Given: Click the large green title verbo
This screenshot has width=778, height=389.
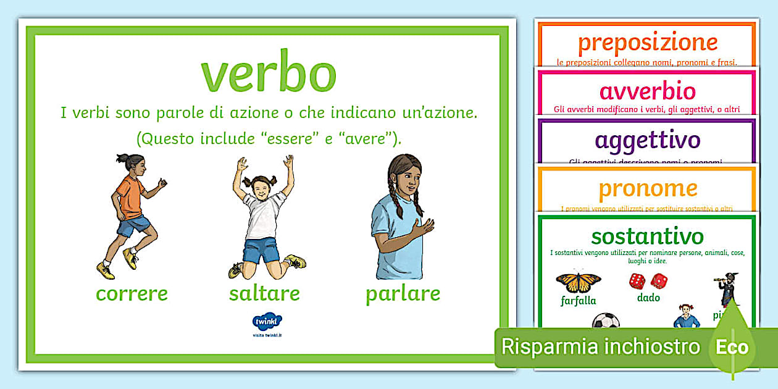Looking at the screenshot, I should coord(268,73).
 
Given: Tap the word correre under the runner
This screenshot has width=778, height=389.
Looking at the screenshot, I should coord(132,293).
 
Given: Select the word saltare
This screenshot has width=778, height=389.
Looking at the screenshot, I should coord(264,293).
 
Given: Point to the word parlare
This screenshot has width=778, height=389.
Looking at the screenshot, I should coord(403,293).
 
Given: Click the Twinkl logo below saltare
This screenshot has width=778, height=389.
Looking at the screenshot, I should coord(267,322).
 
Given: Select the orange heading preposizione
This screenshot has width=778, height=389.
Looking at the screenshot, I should coord(648,43).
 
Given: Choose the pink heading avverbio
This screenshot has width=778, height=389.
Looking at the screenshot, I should coord(647,91).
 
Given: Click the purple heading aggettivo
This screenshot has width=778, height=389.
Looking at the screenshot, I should coord(647,140).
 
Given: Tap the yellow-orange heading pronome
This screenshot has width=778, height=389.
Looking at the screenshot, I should coord(648,188).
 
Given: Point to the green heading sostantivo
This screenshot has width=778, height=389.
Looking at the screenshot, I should coord(647,236).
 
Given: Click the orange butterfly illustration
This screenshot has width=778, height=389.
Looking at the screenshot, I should coord(579,281).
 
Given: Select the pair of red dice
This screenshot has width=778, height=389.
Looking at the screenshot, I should coord(648,281).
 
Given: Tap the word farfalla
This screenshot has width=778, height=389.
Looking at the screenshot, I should coord(579,301).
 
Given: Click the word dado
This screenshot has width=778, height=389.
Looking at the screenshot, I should coord(648,298).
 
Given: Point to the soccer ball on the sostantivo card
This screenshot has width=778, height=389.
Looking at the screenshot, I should coord(605,322).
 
